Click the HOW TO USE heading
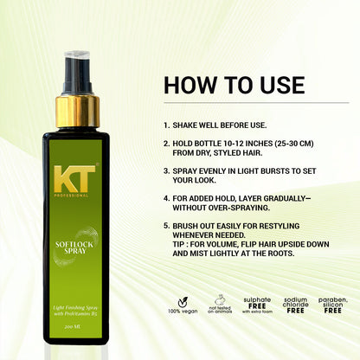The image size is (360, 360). pyautogui.click(x=234, y=85)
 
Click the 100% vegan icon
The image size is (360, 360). pyautogui.click(x=179, y=308)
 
